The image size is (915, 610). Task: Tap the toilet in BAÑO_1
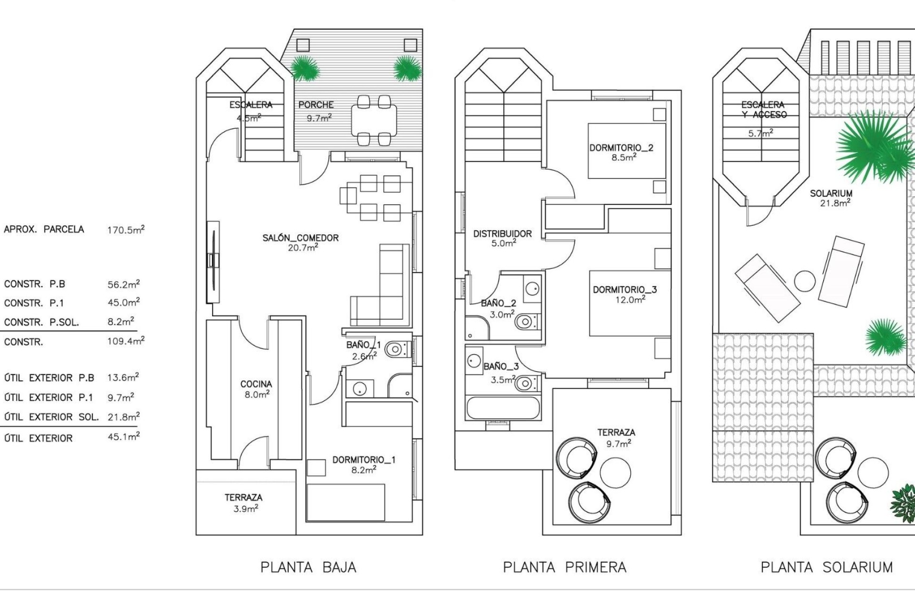(396, 350)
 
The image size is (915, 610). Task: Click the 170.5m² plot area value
(125, 230)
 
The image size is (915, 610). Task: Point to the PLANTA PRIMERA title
(564, 567)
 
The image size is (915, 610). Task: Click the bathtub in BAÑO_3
(503, 408)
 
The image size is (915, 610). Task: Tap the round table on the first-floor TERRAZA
(615, 472)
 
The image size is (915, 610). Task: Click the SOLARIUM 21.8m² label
(831, 197)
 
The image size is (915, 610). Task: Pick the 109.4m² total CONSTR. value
(125, 341)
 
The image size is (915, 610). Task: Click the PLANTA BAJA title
(308, 567)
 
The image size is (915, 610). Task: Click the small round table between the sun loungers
(805, 281)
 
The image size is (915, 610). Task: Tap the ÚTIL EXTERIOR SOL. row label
(51, 417)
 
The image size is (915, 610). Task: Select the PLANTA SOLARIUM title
(826, 567)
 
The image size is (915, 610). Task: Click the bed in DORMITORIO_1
(346, 502)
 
